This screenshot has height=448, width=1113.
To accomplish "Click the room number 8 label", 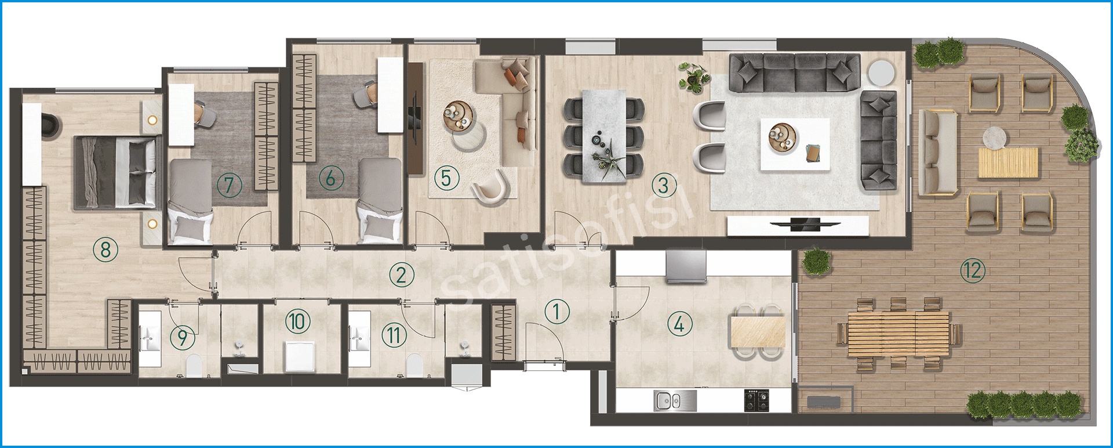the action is pos(105,250).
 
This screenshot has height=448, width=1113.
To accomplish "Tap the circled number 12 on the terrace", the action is pos(972,270).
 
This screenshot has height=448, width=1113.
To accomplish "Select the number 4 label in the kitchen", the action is pos(679,323).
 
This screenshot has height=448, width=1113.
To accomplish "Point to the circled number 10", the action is pos(298,320).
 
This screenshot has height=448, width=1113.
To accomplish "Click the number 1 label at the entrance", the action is pos(556,312).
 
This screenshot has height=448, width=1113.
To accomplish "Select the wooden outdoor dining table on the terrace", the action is pos(898,334).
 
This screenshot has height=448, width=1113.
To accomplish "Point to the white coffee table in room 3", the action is pos(794,144).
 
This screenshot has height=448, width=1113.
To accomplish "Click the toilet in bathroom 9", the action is pos(194,366).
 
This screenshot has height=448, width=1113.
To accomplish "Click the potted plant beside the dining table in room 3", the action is pos(693,78).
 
